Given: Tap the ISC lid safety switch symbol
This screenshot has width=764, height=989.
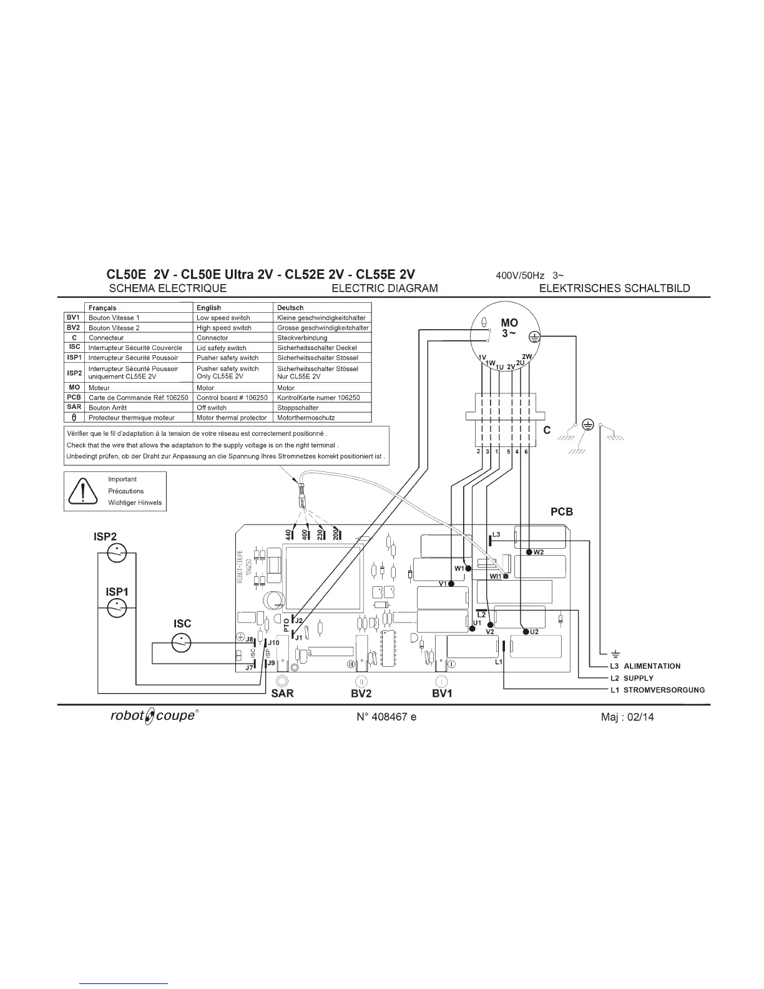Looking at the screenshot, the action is click(x=181, y=642).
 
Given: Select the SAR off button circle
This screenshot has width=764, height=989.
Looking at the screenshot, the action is click(x=282, y=681).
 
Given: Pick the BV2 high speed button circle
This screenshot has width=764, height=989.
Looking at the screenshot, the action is click(x=361, y=681).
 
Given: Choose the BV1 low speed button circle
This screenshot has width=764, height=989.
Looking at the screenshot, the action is click(x=441, y=681).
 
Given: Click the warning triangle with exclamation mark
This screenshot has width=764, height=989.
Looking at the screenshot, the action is click(x=83, y=491).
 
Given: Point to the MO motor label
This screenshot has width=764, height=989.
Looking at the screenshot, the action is click(x=509, y=323).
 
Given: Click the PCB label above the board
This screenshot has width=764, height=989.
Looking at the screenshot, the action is click(x=561, y=511).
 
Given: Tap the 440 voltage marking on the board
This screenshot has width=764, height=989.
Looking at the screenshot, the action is click(x=288, y=534).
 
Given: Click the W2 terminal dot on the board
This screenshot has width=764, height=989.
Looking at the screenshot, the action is click(x=529, y=552).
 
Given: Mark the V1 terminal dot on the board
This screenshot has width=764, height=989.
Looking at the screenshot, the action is click(x=451, y=584).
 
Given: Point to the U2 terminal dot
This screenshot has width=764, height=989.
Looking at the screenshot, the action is click(x=525, y=632).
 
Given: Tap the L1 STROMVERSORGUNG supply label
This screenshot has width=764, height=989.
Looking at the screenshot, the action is click(x=657, y=690).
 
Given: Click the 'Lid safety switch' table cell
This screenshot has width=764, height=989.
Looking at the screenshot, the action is click(x=222, y=348).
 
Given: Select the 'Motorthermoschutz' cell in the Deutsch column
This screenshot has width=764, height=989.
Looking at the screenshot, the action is click(x=306, y=418).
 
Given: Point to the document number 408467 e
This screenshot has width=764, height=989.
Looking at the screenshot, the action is click(x=386, y=717).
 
